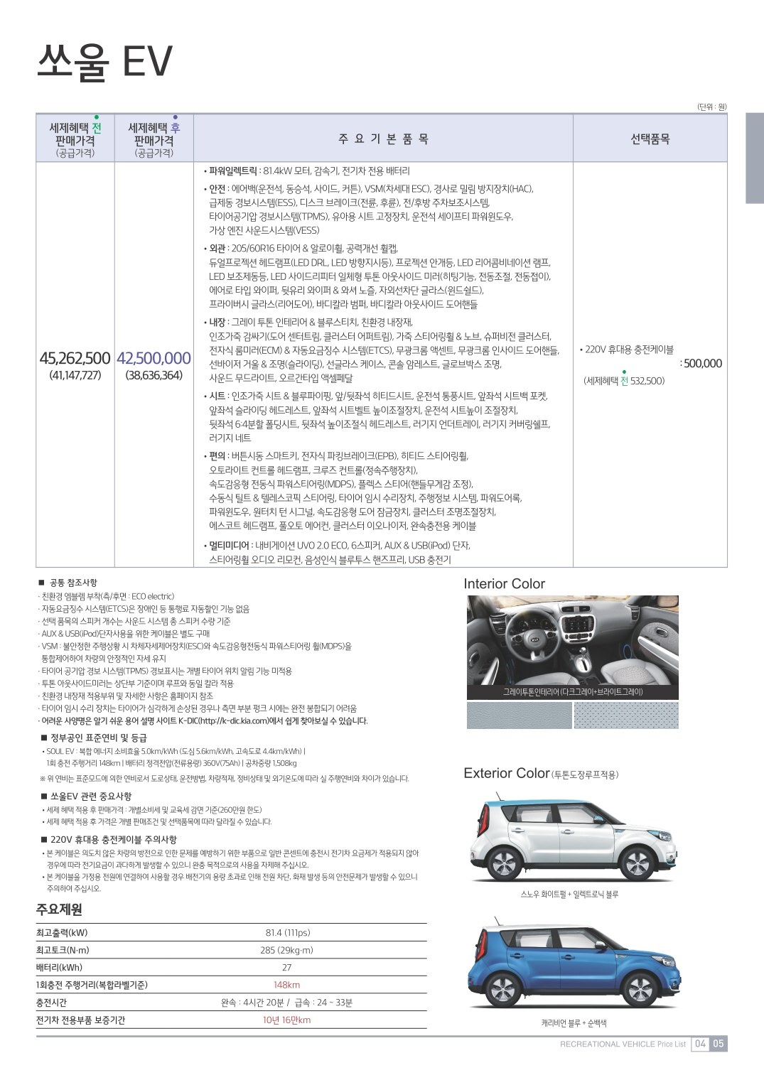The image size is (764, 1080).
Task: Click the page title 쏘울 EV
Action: [104, 61]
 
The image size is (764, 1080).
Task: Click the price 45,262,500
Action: [75, 358]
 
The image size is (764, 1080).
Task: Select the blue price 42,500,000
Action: [154, 358]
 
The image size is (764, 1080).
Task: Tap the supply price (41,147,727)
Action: [75, 375]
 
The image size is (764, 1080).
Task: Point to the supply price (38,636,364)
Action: [154, 375]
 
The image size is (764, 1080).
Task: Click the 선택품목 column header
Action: [650, 139]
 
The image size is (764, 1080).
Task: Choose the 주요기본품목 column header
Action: [383, 139]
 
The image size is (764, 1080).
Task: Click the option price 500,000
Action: [702, 364]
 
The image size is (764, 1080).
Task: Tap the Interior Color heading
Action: [504, 584]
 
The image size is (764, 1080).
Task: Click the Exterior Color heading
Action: [507, 773]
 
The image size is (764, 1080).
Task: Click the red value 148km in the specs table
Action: [286, 985]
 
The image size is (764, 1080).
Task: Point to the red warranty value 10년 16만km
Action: [286, 1020]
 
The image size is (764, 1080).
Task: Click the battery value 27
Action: [286, 967]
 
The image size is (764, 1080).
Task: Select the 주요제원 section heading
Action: [59, 909]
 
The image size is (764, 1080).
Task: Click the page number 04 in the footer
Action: [701, 1044]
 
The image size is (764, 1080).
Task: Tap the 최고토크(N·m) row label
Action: [63, 950]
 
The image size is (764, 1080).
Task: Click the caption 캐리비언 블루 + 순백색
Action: [573, 1023]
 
